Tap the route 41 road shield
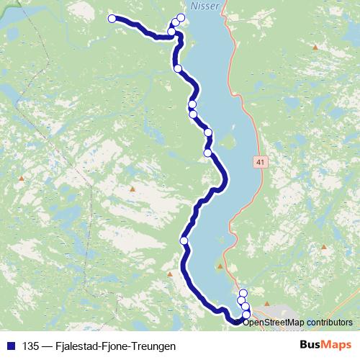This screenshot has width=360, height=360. [260, 163]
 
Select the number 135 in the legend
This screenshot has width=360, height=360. [30, 346]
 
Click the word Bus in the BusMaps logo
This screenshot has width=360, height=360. [311, 346]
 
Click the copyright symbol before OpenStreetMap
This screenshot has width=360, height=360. [239, 322]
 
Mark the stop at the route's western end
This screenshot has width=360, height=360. [112, 19]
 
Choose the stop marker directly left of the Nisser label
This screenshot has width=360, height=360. [181, 17]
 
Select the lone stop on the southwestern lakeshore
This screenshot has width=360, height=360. [184, 240]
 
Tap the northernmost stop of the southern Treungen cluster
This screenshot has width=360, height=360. [243, 292]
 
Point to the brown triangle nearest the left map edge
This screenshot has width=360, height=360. [22, 178]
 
